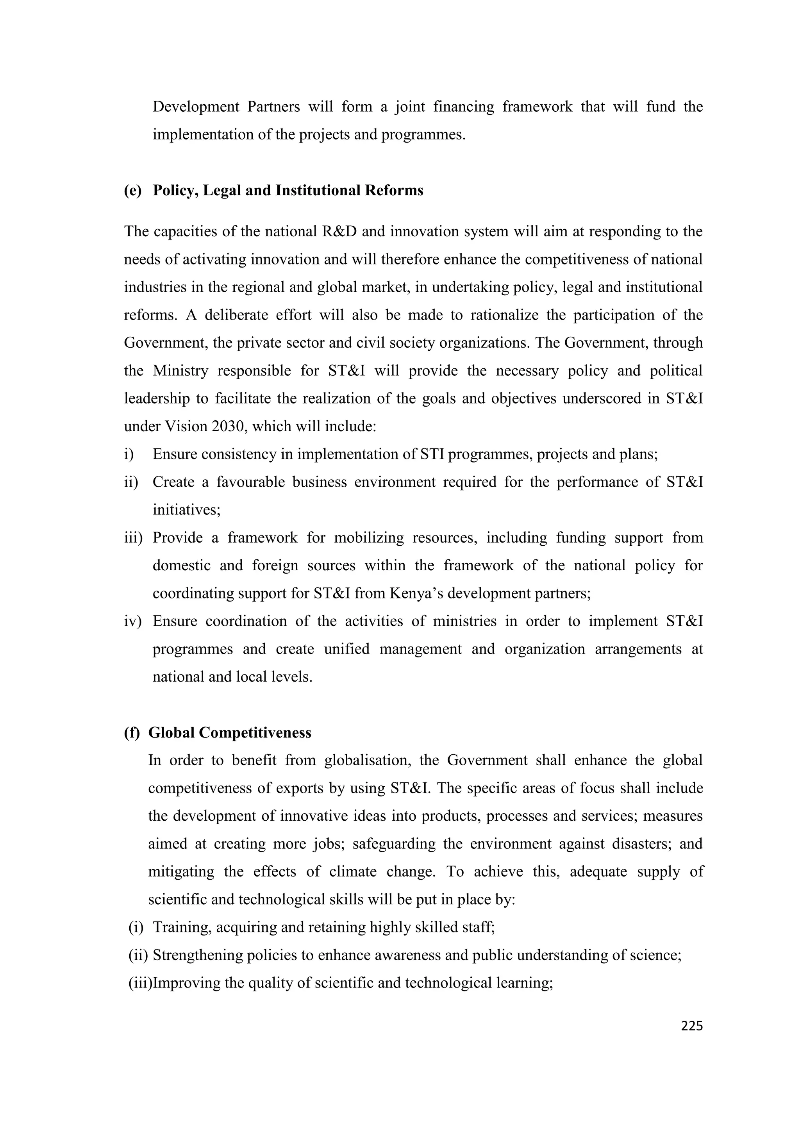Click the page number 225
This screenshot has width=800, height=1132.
click(691, 1026)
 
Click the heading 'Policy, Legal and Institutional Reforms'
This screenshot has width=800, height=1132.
click(288, 190)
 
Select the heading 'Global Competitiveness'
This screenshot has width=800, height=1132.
click(230, 733)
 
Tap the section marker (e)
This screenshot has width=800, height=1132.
click(132, 190)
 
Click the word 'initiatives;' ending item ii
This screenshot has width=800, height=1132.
click(186, 509)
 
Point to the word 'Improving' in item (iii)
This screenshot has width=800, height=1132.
click(186, 983)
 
